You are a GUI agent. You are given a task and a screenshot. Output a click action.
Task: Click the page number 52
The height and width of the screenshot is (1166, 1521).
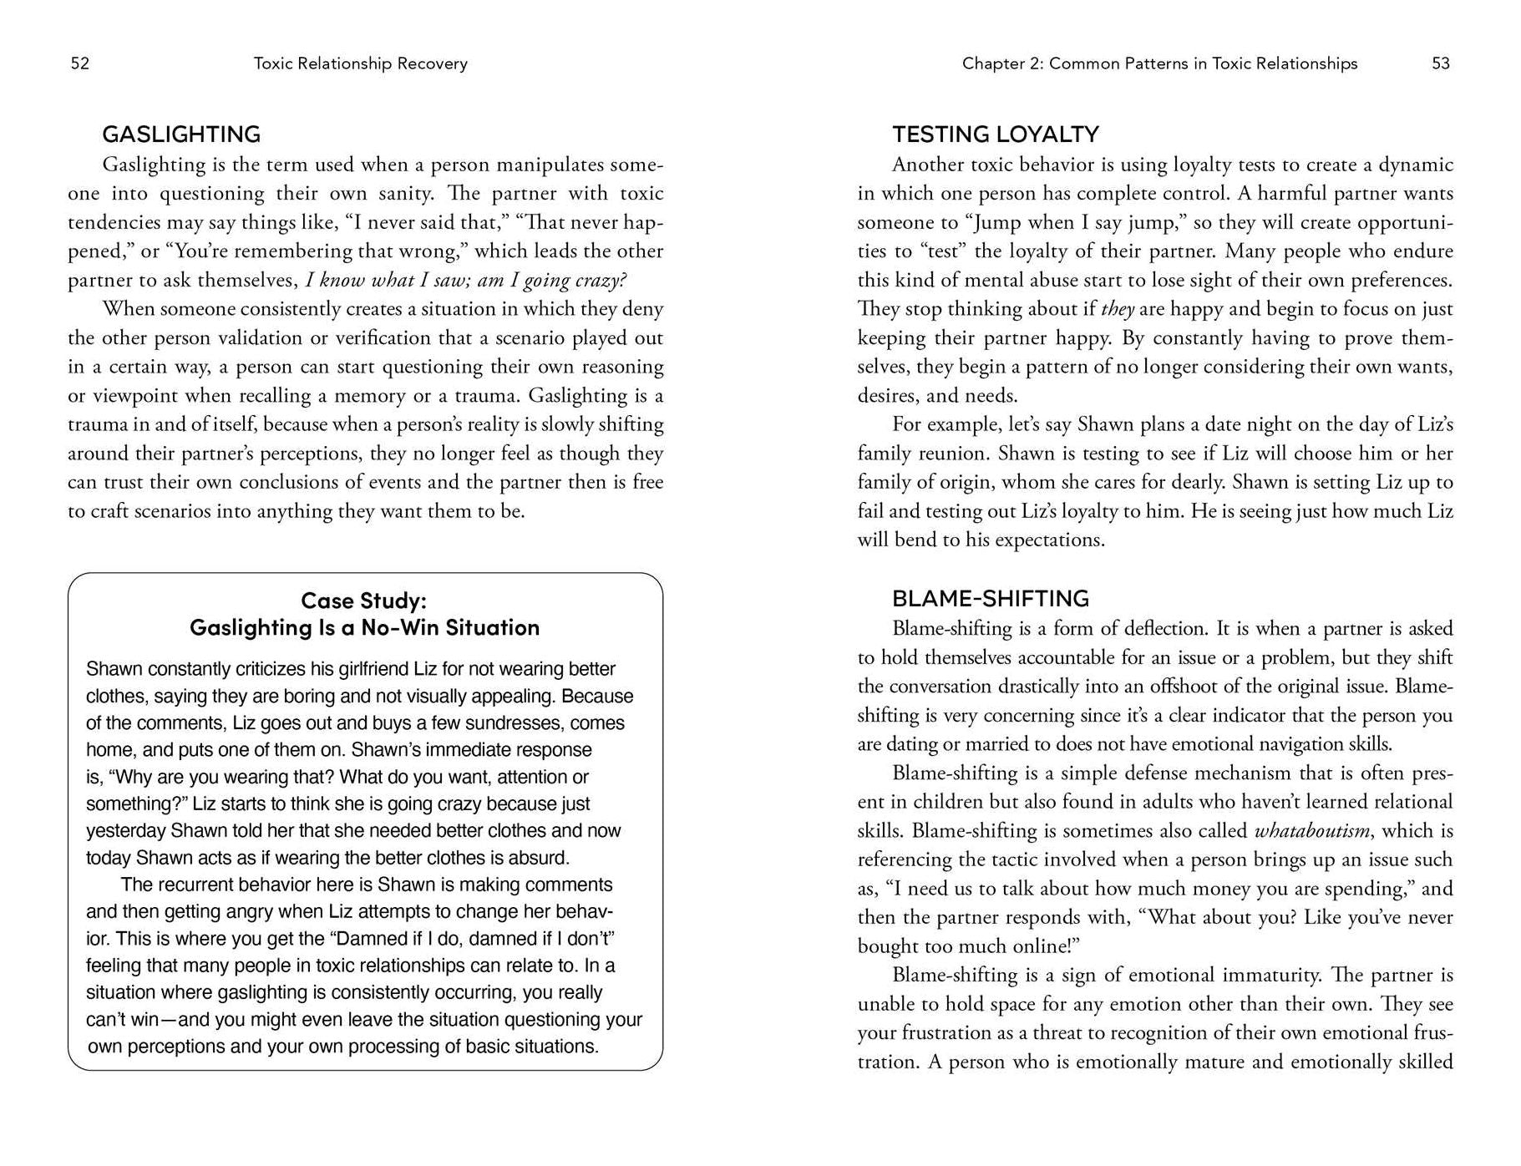coord(80,63)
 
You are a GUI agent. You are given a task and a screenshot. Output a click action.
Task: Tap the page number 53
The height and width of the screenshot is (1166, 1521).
coord(1441,63)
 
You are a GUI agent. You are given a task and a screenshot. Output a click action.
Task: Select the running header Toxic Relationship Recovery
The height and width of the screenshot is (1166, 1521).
coord(360,63)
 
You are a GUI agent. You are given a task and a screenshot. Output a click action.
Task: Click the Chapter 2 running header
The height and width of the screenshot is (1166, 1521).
coord(1159,63)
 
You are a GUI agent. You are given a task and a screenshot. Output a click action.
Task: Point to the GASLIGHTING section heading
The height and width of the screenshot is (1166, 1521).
coord(181,134)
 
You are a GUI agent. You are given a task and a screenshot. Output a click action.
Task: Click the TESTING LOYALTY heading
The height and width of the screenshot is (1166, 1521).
coord(996,134)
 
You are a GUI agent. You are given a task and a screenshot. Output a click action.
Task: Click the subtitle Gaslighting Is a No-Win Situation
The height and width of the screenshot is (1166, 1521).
coord(364,627)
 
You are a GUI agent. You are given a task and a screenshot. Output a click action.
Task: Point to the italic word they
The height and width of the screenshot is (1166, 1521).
coord(1118,309)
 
